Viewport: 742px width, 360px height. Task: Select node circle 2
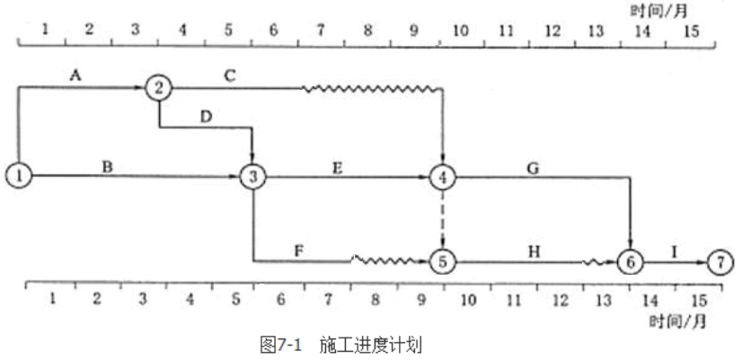[159, 88]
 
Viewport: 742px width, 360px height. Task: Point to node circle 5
[443, 262]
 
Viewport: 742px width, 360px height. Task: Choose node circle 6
[630, 262]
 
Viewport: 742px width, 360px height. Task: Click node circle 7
[720, 262]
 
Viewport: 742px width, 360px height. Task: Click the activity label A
[75, 76]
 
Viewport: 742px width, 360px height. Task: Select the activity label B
[108, 163]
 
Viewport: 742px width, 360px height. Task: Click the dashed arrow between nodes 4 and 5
[443, 219]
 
